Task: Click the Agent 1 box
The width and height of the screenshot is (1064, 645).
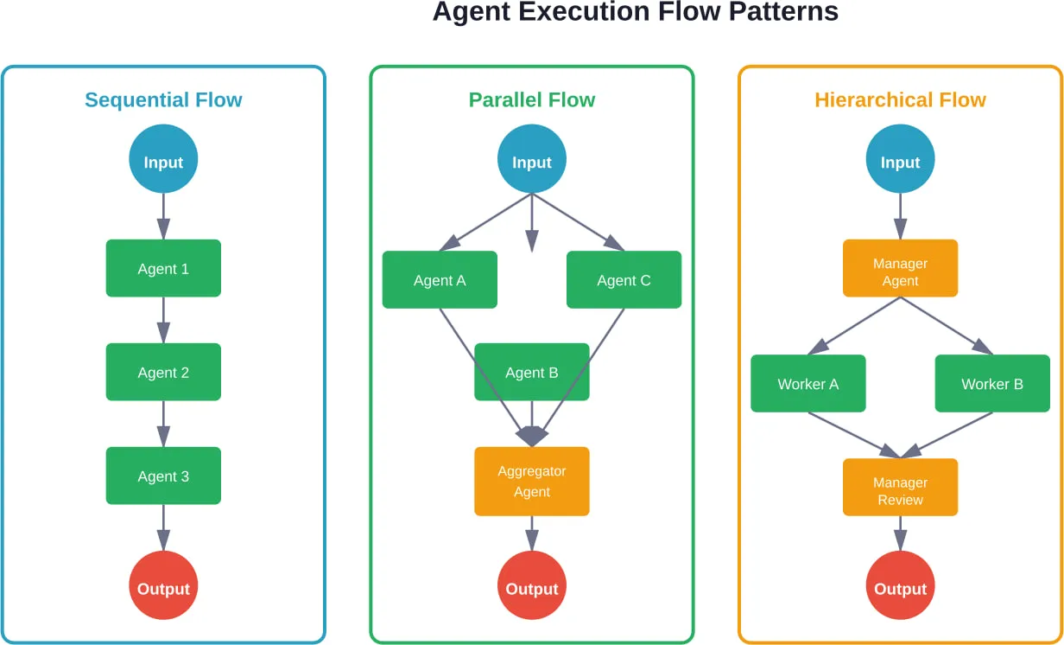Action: coord(163,269)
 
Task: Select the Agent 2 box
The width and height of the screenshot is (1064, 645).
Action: coord(163,373)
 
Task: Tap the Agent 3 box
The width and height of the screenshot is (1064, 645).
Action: coord(163,476)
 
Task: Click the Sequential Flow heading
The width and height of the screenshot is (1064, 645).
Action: coord(163,100)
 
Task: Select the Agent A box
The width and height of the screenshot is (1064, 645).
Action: coord(440,280)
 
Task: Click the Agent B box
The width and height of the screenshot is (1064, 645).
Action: coord(532,373)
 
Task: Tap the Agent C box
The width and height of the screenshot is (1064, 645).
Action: coord(624,280)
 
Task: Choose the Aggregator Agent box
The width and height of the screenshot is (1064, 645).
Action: coord(532,482)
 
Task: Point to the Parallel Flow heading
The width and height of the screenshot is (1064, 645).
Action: coord(532,100)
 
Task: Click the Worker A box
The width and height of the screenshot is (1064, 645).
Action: coord(808,384)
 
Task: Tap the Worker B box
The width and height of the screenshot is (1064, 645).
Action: coord(992,384)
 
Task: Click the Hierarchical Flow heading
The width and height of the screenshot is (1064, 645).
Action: coord(900,100)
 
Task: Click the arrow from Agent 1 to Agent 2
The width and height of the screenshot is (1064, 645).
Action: coord(163,321)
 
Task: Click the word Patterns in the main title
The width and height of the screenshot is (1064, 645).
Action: coord(782,12)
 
